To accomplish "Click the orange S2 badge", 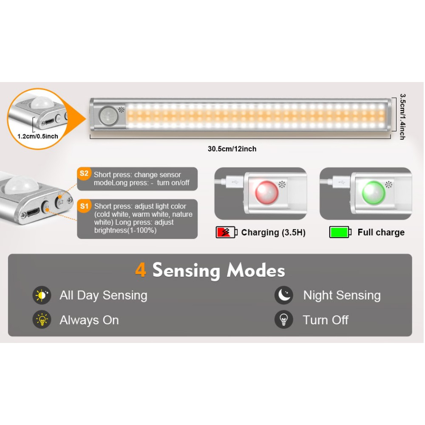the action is click(84, 173).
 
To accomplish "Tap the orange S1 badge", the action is click(84, 206).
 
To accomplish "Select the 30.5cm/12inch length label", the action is click(232, 149).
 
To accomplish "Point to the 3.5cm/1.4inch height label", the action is click(403, 117).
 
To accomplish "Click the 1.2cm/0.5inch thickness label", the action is click(38, 136).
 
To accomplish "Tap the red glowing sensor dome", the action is click(267, 192).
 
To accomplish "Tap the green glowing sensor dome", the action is click(374, 192).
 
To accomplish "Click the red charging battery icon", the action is click(227, 232).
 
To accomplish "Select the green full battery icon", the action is click(340, 232).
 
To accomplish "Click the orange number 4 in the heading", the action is click(141, 270).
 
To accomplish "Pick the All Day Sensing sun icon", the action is click(42, 295).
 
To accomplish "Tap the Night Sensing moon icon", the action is click(284, 295).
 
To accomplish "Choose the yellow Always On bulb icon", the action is click(42, 320).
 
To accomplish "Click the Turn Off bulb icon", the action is click(284, 320).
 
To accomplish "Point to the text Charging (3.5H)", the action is click(273, 232).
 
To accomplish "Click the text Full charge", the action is click(381, 232).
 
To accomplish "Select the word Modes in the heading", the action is click(256, 270).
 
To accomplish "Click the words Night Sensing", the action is click(342, 295).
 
